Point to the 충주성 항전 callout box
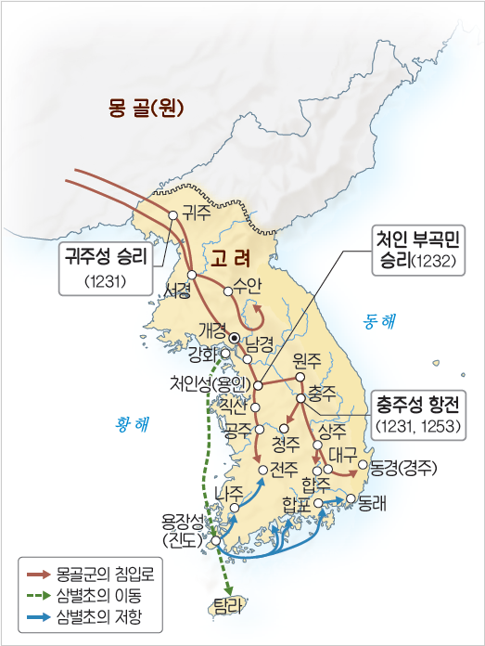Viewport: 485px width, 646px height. click(x=421, y=413)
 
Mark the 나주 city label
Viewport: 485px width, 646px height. click(x=228, y=491)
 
